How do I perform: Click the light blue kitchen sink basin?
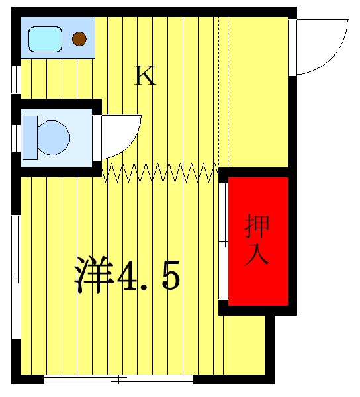[45, 38]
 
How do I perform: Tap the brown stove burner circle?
[79, 39]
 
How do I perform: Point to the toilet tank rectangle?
[30, 138]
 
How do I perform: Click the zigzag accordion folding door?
[161, 173]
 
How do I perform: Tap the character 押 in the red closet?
[257, 227]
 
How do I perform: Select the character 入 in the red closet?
[257, 255]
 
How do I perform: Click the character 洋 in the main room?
[93, 275]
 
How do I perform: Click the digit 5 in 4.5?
[169, 275]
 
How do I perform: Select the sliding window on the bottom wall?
[119, 380]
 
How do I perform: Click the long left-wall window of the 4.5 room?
[17, 275]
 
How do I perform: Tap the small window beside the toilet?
[17, 138]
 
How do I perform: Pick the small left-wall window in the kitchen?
[17, 79]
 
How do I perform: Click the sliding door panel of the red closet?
[224, 242]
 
